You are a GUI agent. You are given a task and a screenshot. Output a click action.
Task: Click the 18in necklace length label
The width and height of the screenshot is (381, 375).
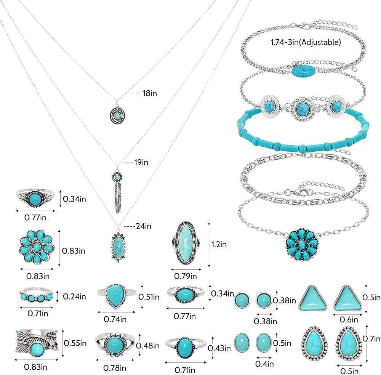pos(150,93)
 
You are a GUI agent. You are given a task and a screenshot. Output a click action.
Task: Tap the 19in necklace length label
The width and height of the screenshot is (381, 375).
pos(141,162)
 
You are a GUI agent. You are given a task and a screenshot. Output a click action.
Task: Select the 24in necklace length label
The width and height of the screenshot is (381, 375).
pos(144,226)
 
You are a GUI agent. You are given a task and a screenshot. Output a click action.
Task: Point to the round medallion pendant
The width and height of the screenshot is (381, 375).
pos(117,115)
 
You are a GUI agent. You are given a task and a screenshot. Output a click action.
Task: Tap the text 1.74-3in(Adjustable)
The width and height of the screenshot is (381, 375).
pos(306,42)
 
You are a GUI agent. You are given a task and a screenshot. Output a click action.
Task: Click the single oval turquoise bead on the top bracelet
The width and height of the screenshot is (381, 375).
pos(303,71)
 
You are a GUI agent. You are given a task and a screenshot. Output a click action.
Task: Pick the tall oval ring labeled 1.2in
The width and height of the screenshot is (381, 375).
pos(186,243)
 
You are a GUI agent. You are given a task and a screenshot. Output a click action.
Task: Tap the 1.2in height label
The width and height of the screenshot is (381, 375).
pos(219,244)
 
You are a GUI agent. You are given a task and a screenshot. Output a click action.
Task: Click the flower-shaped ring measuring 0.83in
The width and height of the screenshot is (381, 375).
pos(37,247)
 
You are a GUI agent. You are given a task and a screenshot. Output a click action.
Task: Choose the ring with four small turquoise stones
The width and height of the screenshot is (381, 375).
pos(37,295)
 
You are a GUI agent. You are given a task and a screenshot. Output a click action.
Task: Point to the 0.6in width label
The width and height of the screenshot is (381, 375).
pos(349,320)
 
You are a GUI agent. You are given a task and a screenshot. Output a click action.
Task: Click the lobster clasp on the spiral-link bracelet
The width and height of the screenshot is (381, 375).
pos(299,192)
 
